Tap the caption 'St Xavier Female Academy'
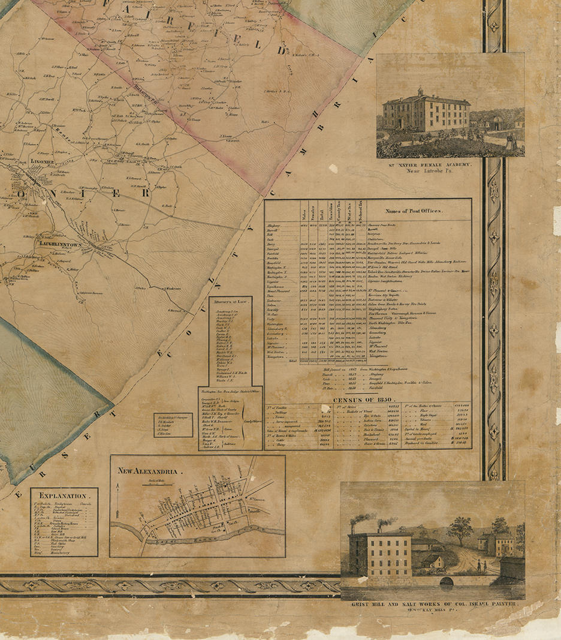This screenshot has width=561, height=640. (x=450, y=164)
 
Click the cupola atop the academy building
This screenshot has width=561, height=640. (x=420, y=92)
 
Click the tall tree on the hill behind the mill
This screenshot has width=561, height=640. (x=460, y=526)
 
